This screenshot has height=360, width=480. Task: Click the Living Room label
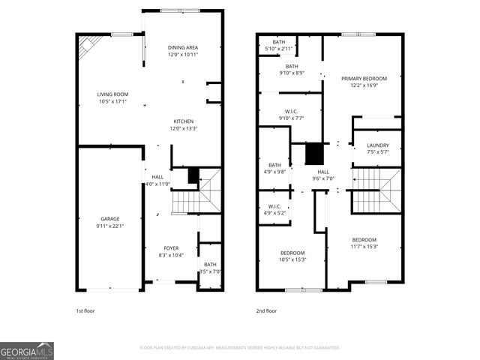[112, 94]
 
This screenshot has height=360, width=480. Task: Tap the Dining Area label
[182, 47]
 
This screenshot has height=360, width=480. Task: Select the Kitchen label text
[184, 121]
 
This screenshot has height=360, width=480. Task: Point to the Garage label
[110, 219]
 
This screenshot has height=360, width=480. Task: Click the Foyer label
[172, 248]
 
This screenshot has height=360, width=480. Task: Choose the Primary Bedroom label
[364, 79]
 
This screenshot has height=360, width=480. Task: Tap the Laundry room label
[377, 145]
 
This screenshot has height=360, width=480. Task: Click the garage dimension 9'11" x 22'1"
[110, 226]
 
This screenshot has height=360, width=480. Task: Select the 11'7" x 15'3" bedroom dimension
[363, 247]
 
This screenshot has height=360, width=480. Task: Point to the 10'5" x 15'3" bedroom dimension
[292, 259]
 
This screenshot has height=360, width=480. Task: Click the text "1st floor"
[85, 310]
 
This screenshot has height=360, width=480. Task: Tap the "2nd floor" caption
[267, 310]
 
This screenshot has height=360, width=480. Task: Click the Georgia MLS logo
[27, 350]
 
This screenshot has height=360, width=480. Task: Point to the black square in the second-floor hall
[314, 153]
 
